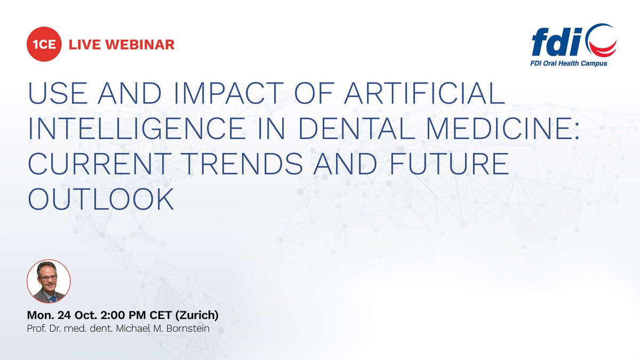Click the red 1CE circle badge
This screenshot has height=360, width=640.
coord(44,44)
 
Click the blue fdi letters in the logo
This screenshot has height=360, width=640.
coord(555,43)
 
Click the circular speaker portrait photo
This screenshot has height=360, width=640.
coord(49,282)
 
